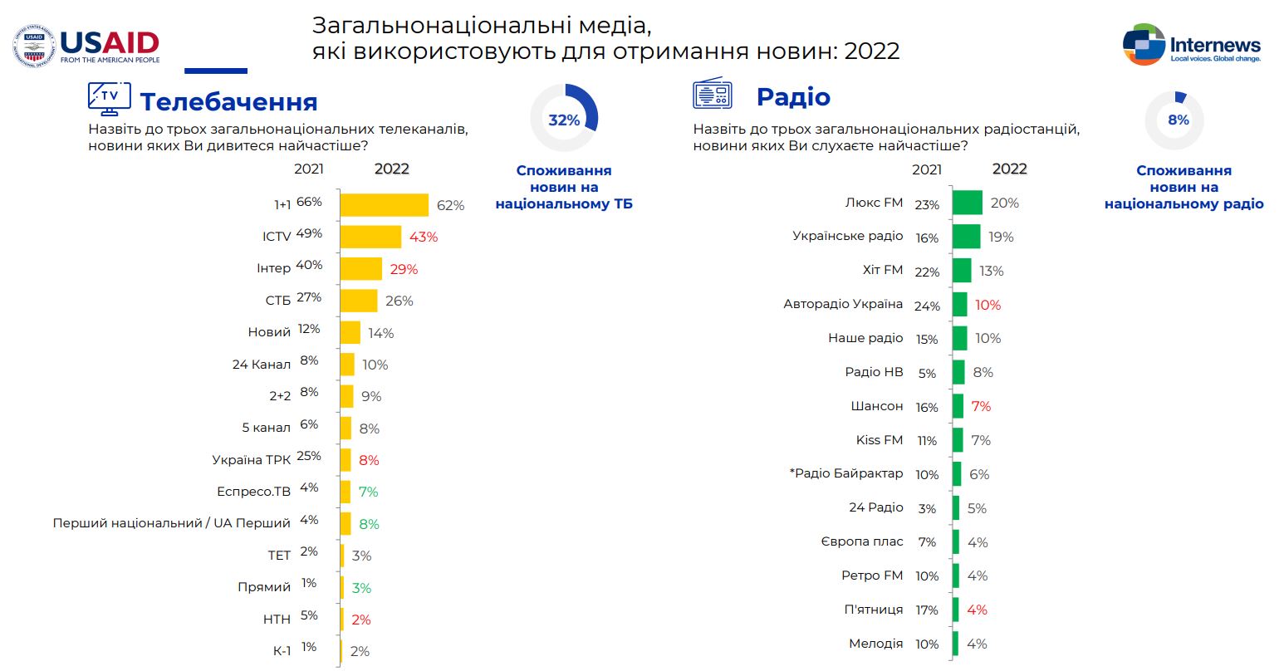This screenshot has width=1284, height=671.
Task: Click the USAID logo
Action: click(86, 46)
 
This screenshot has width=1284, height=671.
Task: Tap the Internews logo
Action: click(1191, 45)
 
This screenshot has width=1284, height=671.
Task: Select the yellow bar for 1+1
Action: click(384, 205)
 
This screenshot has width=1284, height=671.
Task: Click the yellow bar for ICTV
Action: click(370, 237)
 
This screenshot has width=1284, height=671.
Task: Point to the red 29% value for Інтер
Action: click(404, 269)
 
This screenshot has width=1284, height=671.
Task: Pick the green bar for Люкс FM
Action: click(967, 203)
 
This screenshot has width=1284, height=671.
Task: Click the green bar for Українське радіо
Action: click(966, 237)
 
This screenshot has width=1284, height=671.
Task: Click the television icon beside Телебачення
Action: click(109, 98)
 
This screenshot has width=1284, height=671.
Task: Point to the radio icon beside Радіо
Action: click(712, 94)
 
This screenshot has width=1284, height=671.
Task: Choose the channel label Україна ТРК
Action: click(251, 459)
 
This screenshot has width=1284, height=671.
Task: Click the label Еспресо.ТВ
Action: click(253, 492)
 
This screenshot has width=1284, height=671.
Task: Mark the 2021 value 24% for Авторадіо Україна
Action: click(927, 306)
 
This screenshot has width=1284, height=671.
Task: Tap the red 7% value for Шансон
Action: click(981, 406)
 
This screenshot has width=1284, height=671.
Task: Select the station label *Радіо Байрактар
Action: click(845, 473)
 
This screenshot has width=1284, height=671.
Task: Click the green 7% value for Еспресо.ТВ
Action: click(368, 492)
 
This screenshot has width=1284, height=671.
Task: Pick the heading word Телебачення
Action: click(228, 101)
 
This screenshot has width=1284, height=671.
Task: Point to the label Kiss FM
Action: click(879, 440)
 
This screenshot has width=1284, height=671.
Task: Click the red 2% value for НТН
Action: click(360, 620)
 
